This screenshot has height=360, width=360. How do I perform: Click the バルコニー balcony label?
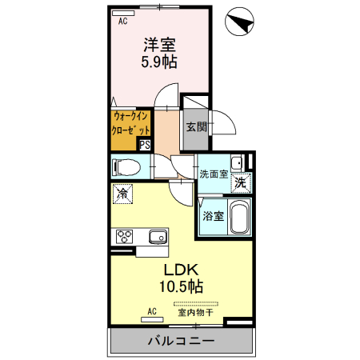click(x=180, y=342)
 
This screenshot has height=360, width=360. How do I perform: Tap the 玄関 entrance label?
click(x=197, y=126)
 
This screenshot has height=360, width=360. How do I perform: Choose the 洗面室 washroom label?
click(x=214, y=174)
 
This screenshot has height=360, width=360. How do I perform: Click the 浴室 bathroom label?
click(x=212, y=216)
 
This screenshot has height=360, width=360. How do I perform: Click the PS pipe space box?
click(x=145, y=145)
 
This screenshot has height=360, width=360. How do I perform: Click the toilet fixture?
click(x=127, y=168)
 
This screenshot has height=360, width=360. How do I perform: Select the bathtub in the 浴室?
click(x=239, y=217)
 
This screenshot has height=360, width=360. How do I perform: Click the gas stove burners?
click(x=126, y=236)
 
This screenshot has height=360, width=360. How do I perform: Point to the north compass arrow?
click(x=241, y=22)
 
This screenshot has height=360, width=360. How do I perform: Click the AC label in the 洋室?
click(x=123, y=22)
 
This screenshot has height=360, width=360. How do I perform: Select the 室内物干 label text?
click(x=196, y=313)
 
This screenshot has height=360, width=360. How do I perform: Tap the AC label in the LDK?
click(x=151, y=312)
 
